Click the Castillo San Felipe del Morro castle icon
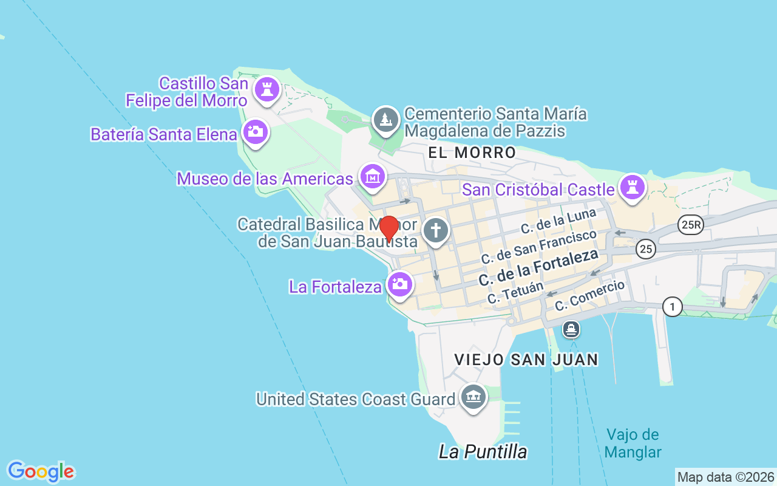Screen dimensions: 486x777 266,89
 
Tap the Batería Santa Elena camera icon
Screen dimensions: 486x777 255,131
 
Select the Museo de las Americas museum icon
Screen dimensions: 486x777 372,176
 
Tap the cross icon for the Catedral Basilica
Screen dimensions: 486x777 435,230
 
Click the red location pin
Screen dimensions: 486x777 388,228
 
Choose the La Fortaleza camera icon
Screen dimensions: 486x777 399,283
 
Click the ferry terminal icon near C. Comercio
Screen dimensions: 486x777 571,330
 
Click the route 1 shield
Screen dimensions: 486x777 672,307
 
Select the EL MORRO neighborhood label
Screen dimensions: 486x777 472,152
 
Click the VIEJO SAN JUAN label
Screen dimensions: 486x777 526,360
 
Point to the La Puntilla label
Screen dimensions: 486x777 483,452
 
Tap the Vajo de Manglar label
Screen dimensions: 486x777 633,443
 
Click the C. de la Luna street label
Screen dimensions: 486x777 558,221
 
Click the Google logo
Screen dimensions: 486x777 41,471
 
